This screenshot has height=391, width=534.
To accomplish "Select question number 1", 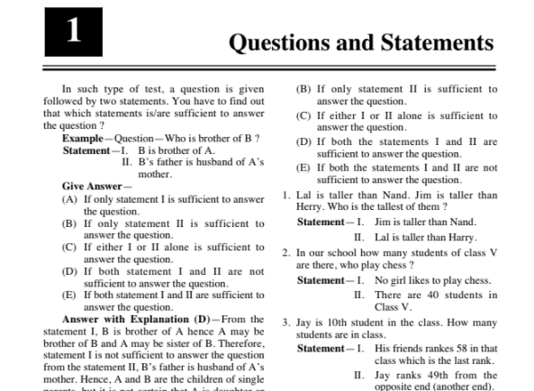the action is tap(285, 195).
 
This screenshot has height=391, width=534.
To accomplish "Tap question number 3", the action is tap(285, 321).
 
